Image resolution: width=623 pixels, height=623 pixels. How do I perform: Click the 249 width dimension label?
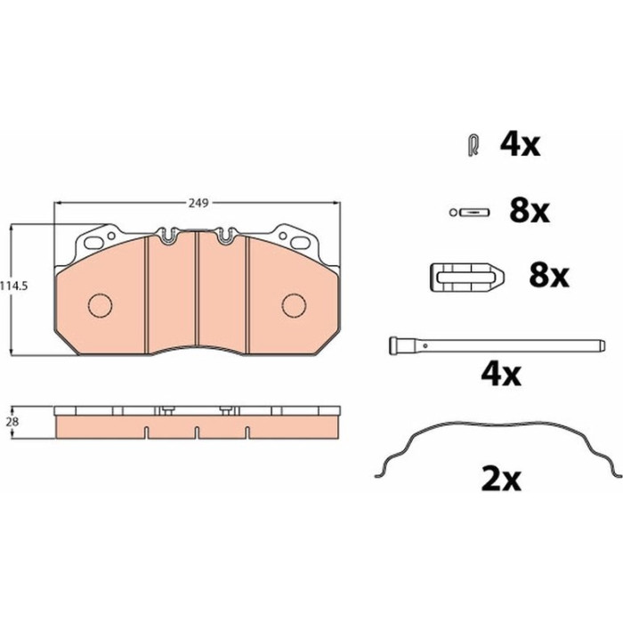(198, 203)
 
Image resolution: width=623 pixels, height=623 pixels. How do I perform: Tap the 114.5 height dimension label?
(14, 286)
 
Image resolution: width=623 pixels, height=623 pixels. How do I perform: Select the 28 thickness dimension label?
(12, 422)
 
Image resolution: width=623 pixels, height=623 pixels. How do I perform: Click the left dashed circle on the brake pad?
(100, 304)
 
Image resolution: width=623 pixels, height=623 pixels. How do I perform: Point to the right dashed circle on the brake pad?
(294, 304)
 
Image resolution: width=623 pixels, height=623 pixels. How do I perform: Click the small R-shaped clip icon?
(473, 145)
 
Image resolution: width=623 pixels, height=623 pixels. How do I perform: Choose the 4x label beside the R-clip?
(520, 144)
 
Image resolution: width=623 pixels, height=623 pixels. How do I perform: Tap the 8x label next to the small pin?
(530, 211)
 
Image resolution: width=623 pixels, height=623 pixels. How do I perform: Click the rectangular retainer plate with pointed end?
(467, 277)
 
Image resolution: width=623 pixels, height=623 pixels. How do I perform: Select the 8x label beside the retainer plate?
(549, 275)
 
